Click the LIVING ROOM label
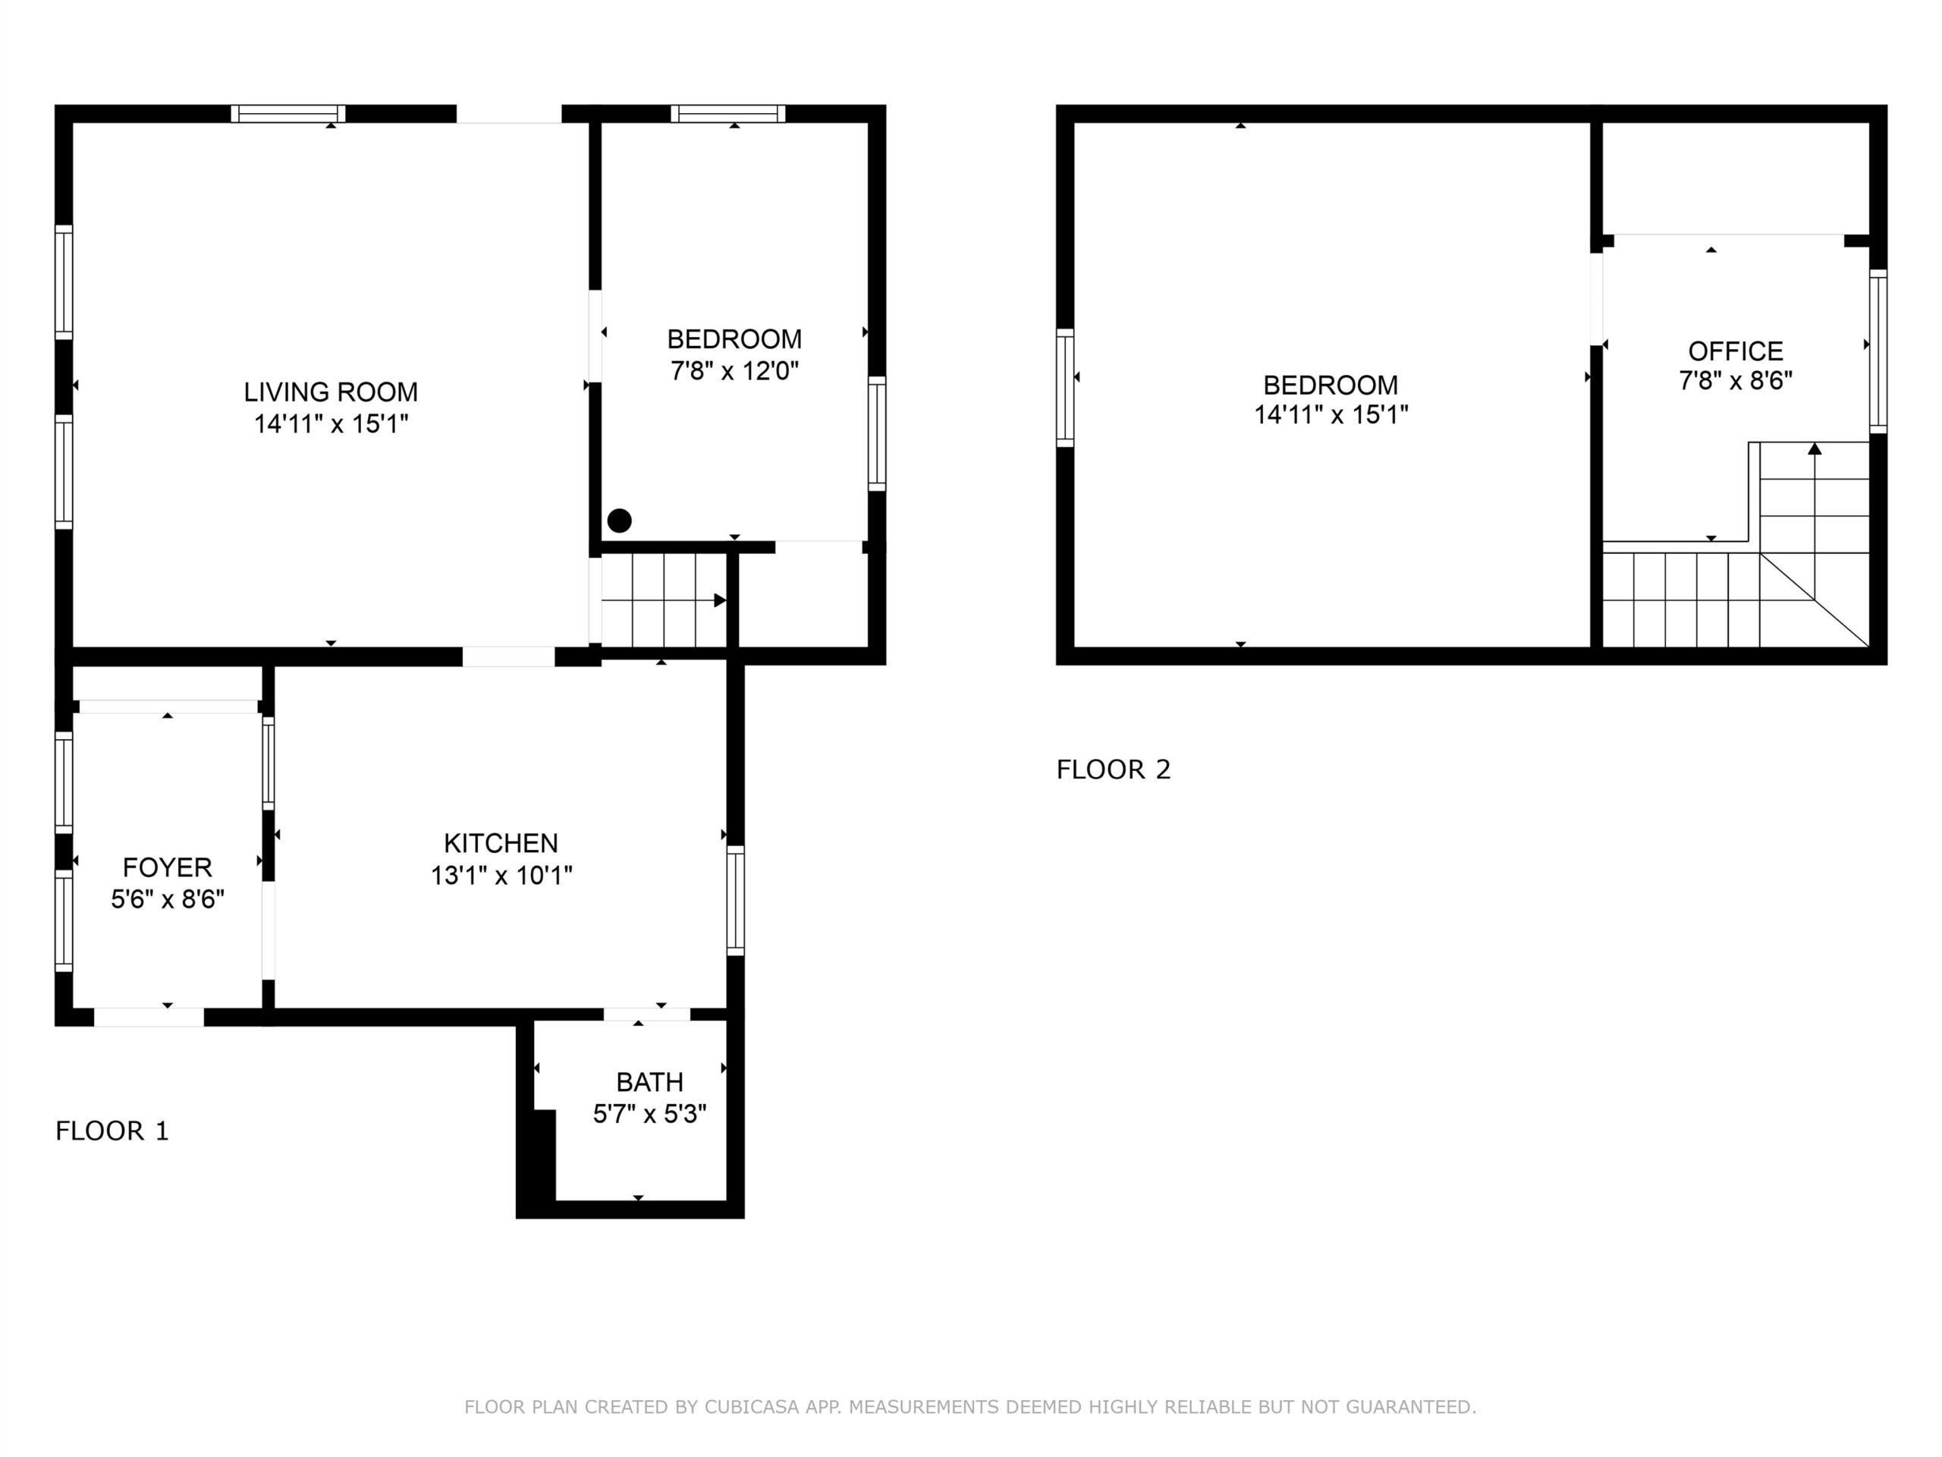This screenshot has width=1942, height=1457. [x=331, y=392]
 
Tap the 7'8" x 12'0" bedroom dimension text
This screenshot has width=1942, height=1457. [x=735, y=370]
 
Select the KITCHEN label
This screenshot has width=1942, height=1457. [x=501, y=843]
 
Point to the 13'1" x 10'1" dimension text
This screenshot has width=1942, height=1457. [x=501, y=876]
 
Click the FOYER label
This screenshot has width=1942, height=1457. [x=168, y=867]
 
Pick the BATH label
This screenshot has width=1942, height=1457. [x=649, y=1082]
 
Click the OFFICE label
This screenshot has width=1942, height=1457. [x=1736, y=351]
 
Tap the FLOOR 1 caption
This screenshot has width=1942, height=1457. [x=112, y=1131]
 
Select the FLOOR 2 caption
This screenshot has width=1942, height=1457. [x=1113, y=770]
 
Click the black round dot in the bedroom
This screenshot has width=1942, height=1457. [x=620, y=521]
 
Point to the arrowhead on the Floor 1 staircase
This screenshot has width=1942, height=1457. [x=720, y=601]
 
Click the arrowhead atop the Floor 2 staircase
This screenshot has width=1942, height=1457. [x=1815, y=448]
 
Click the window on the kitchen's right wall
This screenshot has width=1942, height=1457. [x=736, y=900]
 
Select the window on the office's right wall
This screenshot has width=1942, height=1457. [x=1878, y=351]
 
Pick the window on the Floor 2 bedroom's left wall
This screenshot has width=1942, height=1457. [x=1065, y=389]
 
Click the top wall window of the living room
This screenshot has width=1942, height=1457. [x=288, y=114]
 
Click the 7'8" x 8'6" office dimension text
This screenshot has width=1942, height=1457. [x=1736, y=381]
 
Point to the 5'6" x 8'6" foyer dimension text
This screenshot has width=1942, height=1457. [x=168, y=899]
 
